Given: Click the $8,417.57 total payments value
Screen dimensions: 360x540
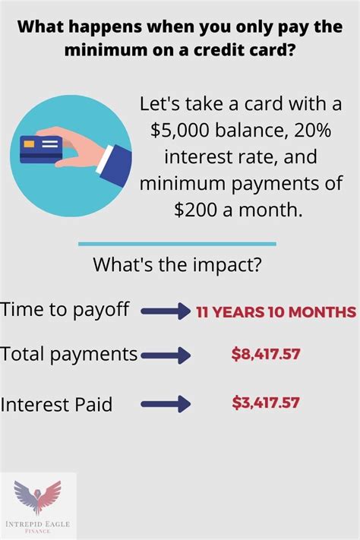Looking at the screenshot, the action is coord(266,354).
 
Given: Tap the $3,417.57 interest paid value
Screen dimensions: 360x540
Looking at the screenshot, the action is coord(266,403).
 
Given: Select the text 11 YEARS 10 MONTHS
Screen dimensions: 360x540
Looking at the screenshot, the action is coord(276,312).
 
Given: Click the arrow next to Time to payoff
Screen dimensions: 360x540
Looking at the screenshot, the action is coord(166,311).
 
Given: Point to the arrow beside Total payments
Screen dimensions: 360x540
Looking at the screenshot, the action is coord(166,355).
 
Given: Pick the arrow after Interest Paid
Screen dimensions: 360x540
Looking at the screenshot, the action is coord(166,403).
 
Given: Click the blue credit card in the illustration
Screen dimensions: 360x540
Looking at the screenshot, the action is coord(41,150).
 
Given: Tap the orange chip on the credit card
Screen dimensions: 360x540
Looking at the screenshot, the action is coord(29,144).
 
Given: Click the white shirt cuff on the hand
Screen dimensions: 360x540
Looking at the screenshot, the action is coord(104,159).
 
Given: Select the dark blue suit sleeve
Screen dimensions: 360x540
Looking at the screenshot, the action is coord(116,166).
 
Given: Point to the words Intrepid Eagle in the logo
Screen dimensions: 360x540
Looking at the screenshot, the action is coord(37,524).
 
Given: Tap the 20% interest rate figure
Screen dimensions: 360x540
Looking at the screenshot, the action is coord(312,130).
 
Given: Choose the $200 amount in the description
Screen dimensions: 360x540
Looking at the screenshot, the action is coord(196,210).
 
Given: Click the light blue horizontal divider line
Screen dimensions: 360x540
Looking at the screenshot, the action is coord(177,244).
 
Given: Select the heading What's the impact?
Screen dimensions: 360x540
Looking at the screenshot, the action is coord(177,265).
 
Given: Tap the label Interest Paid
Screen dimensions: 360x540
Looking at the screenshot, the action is coord(56,404).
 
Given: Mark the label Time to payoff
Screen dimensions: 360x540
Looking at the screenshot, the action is coord(65,310).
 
